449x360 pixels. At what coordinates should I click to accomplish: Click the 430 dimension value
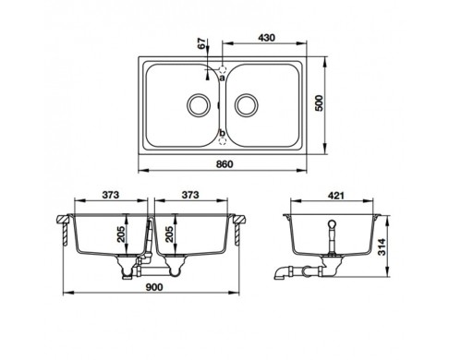point(266,38)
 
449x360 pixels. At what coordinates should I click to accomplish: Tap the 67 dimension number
point(201,44)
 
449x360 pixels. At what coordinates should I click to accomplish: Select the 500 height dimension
point(320,103)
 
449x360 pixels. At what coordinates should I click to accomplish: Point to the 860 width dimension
point(224,164)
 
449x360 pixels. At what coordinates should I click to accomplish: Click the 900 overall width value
point(154,287)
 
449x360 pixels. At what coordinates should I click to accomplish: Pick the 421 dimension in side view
point(335,196)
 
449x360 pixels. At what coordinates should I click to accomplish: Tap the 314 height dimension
point(382,246)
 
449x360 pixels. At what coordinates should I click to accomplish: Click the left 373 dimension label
point(111,195)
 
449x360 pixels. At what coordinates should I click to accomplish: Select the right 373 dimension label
point(190,195)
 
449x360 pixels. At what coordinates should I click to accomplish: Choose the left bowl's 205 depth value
point(121,234)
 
